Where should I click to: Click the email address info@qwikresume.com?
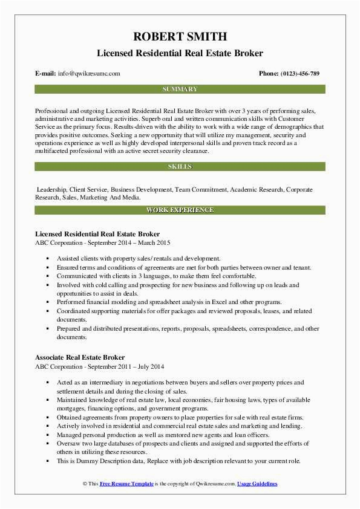89,73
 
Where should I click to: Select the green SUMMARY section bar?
180,89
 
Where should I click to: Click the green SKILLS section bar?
180,166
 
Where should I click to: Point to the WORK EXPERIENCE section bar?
180,210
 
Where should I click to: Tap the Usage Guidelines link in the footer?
257,484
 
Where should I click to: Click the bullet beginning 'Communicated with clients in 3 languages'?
152,275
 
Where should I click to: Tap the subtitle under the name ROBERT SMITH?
180,53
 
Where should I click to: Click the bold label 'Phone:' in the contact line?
269,73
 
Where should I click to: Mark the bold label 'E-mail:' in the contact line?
46,73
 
